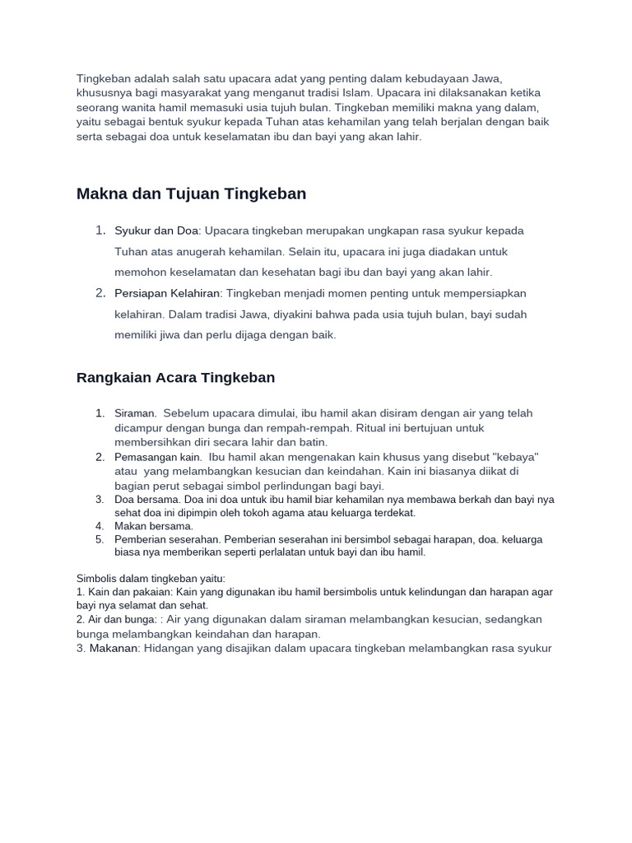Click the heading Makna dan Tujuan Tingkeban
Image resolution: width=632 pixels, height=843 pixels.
pyautogui.click(x=191, y=194)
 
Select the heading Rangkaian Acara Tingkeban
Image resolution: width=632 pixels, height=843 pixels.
pyautogui.click(x=175, y=378)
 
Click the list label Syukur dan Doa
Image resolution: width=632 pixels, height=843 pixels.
pyautogui.click(x=157, y=231)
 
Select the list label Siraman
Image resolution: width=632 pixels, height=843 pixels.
pyautogui.click(x=135, y=413)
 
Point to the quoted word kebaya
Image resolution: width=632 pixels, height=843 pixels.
pyautogui.click(x=513, y=457)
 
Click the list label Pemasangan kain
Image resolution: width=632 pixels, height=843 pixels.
pyautogui.click(x=158, y=457)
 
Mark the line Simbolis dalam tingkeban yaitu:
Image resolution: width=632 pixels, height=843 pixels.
pyautogui.click(x=151, y=579)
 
